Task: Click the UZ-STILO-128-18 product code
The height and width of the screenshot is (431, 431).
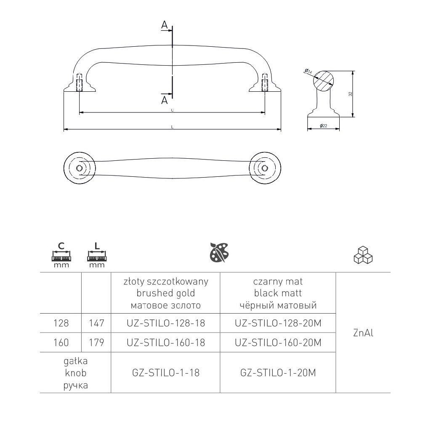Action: [x=165, y=323]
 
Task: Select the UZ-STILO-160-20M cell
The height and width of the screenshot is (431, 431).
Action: [x=277, y=343]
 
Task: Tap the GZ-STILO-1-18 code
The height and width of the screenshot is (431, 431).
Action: [x=165, y=372]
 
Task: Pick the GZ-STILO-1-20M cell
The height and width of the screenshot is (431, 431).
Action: [x=277, y=372]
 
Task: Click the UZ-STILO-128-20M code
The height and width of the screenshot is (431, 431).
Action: [x=277, y=323]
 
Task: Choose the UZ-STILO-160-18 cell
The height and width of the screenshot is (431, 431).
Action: [x=165, y=343]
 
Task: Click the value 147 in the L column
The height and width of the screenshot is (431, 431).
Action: [x=96, y=323]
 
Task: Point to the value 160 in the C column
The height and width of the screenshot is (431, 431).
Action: [x=61, y=343]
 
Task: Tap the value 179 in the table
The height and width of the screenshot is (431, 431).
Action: [x=96, y=343]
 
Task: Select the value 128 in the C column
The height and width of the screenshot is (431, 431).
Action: [x=61, y=323]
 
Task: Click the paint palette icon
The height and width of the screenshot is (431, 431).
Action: [x=219, y=253]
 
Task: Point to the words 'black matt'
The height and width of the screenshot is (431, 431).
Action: [x=277, y=293]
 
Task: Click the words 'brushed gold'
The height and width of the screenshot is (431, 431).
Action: [x=165, y=293]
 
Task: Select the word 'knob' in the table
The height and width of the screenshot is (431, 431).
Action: [x=76, y=373]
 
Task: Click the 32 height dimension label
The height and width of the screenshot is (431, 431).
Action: [x=350, y=94]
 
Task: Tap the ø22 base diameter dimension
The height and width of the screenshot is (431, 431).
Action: [x=324, y=126]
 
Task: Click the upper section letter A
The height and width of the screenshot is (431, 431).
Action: [x=165, y=25]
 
